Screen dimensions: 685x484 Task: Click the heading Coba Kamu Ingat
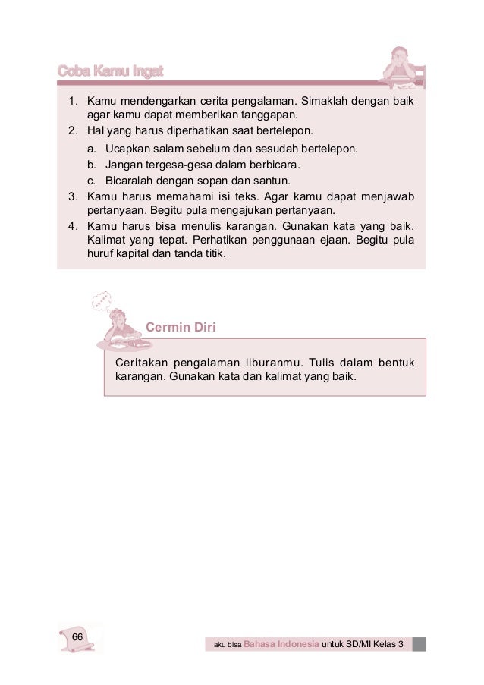click(x=111, y=71)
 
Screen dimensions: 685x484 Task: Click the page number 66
click(x=77, y=636)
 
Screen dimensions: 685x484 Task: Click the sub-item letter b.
click(x=90, y=164)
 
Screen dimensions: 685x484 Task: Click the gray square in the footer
click(x=420, y=644)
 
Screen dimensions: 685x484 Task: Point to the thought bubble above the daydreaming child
click(x=102, y=303)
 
